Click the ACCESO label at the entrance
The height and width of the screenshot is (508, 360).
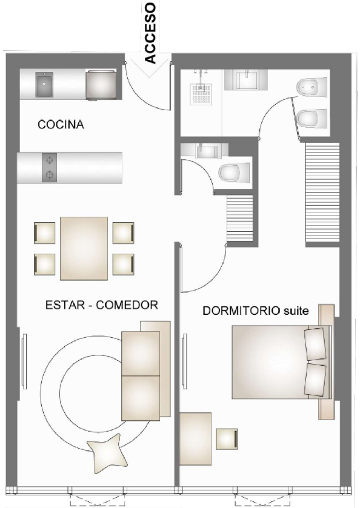click(x=150, y=33)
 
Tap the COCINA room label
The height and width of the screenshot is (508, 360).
click(x=60, y=125)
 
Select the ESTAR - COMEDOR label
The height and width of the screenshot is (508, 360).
click(x=102, y=305)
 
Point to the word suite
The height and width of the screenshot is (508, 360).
click(x=296, y=311)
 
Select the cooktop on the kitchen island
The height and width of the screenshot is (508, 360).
click(x=48, y=168)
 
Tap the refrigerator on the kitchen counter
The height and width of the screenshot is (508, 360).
click(x=100, y=84)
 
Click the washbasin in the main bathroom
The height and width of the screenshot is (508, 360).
click(x=247, y=79)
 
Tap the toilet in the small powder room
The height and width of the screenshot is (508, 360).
click(x=233, y=173)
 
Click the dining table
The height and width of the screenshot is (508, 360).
click(x=84, y=248)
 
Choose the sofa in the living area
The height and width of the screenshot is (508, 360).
click(x=145, y=375)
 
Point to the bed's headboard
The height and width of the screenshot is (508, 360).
click(x=327, y=361)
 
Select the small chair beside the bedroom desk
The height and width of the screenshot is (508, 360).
click(x=227, y=438)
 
